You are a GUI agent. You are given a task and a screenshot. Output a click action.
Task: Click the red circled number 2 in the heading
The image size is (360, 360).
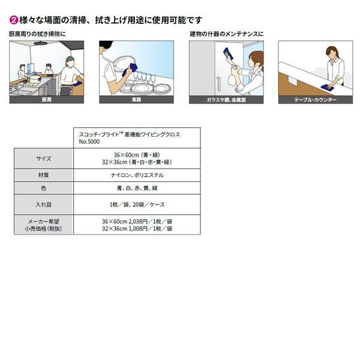coord(13,20)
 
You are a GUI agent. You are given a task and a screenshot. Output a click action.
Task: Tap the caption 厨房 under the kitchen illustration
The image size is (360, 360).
coord(47,100)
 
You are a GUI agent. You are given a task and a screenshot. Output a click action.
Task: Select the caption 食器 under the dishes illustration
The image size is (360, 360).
coord(137,100)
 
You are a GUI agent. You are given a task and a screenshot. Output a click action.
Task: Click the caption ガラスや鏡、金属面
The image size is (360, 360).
coord(226,100)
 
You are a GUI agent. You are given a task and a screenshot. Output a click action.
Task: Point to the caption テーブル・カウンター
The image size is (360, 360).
coord(315,100)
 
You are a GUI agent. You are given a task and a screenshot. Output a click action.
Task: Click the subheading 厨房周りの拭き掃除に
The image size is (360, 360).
coord(37,34)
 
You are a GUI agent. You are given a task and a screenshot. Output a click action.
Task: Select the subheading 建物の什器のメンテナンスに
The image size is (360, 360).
coord(227,34)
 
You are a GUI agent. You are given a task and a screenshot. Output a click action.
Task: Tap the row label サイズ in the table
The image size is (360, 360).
coord(43,158)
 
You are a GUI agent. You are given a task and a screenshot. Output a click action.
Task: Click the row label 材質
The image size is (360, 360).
coord(43,175)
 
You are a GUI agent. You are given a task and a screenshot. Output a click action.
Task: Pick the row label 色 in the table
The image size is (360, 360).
coord(43,188)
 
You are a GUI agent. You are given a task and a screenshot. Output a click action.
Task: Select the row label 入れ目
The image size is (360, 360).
coord(43,205)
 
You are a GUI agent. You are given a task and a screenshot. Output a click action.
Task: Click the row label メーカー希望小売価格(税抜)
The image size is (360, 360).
coord(43,225)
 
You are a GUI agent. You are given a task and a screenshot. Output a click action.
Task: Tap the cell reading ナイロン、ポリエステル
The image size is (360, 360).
coord(137,175)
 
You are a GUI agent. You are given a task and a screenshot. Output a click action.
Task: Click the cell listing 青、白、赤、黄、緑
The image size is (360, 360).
coord(137,188)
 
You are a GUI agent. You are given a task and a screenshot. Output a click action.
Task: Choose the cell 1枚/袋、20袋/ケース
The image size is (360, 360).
coord(137,205)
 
